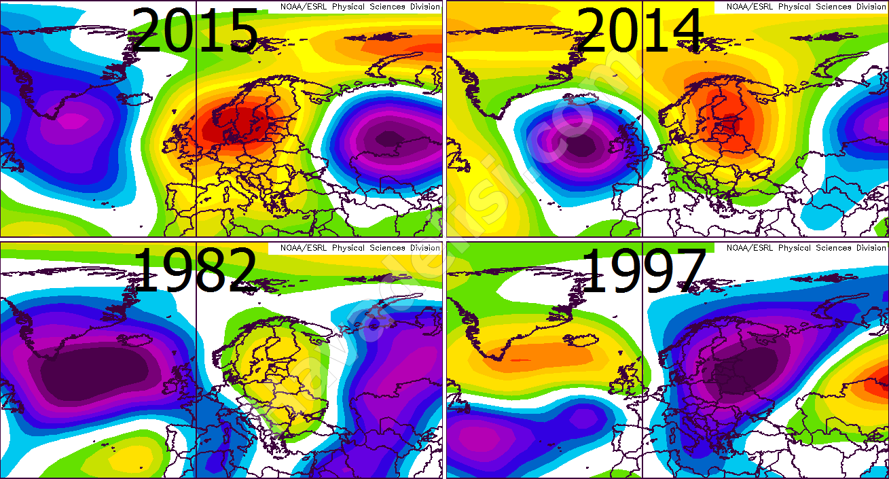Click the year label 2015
pyautogui.click(x=194, y=31)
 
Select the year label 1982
pyautogui.click(x=194, y=270)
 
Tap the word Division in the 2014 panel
pyautogui.click(x=863, y=7)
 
